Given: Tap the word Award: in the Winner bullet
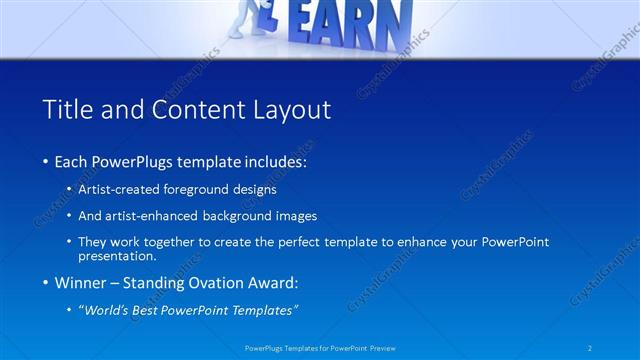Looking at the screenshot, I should point(278,283).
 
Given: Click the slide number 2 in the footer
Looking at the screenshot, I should point(590,348).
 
